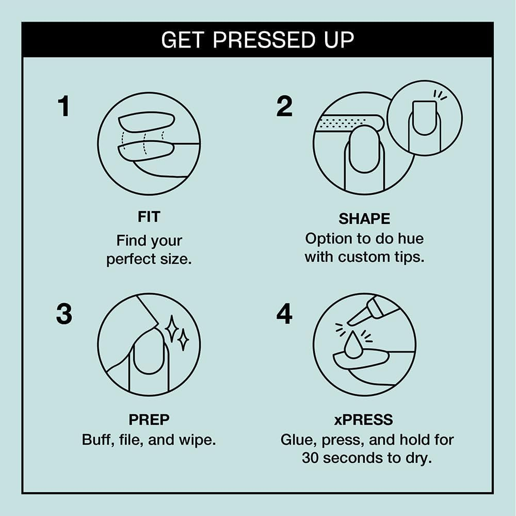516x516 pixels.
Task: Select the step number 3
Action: [x=64, y=314]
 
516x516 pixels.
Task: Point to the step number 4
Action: [x=284, y=314]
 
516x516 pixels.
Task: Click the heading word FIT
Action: [x=149, y=217]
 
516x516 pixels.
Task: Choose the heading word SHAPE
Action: [x=364, y=219]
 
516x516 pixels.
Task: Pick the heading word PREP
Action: [x=149, y=420]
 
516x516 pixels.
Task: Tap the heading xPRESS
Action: [x=364, y=420]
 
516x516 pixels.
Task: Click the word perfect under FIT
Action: [x=131, y=260]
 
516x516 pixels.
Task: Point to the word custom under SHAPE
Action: [x=364, y=257]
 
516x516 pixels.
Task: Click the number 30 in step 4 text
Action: [x=311, y=458]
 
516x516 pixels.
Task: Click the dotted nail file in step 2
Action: [x=349, y=122]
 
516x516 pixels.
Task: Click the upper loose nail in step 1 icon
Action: [x=147, y=122]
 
